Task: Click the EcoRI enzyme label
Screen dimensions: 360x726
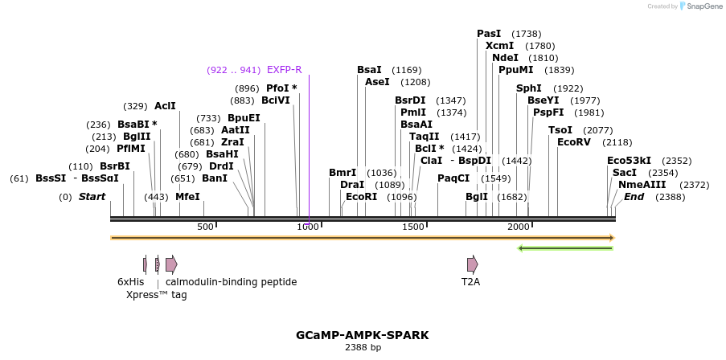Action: click(361, 197)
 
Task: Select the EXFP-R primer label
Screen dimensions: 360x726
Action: click(284, 70)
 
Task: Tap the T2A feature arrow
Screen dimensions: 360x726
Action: click(472, 264)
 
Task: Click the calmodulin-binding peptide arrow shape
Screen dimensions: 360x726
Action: click(171, 264)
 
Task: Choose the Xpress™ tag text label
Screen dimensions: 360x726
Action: click(156, 295)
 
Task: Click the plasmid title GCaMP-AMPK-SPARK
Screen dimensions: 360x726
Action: click(363, 334)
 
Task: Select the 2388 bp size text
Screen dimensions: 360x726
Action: click(363, 347)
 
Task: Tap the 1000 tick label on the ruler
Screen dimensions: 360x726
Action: click(309, 227)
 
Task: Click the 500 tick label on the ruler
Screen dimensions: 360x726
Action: click(206, 227)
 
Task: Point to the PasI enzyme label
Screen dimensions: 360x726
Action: click(489, 34)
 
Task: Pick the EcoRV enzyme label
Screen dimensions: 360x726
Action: click(574, 142)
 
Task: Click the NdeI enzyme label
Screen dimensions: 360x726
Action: click(505, 58)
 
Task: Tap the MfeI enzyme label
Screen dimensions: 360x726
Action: click(187, 197)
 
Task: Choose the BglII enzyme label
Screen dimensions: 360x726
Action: click(137, 137)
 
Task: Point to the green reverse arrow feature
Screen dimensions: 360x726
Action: click(565, 247)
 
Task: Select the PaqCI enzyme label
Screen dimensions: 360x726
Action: click(453, 178)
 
